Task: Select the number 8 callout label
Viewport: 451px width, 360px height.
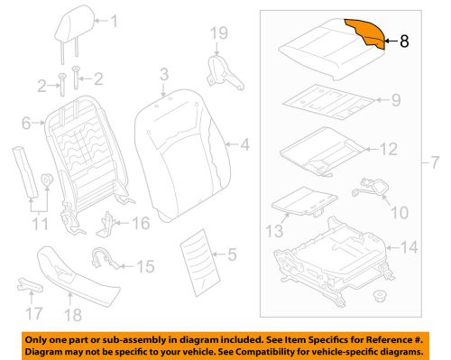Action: [x=403, y=40]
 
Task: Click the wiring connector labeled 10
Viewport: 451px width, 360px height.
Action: [x=371, y=189]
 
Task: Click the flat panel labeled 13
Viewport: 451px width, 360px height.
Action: [x=300, y=202]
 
